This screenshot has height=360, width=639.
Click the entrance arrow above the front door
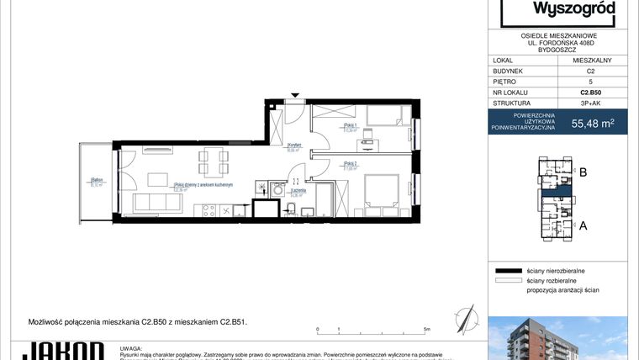[294, 95]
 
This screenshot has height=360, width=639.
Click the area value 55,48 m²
[592, 124]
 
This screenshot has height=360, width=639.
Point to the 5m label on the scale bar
[428, 330]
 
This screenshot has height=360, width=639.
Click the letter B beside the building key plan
[583, 172]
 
